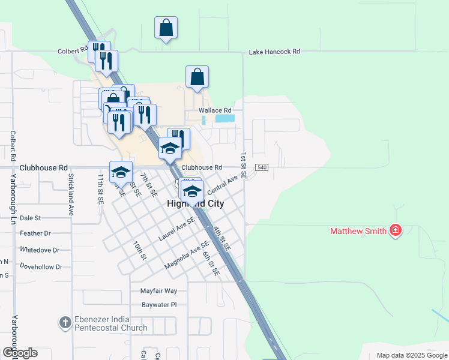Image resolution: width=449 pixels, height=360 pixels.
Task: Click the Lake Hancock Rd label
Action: click(x=274, y=52)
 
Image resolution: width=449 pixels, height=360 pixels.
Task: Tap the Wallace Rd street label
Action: click(x=214, y=110)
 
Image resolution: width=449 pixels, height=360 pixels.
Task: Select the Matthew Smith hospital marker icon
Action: click(x=395, y=230)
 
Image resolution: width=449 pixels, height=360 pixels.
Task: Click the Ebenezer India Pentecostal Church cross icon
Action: click(x=65, y=323)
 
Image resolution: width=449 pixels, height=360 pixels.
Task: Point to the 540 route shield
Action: click(x=261, y=167)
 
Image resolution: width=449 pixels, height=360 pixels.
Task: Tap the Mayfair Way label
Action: click(x=158, y=290)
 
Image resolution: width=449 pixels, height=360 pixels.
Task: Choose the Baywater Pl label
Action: click(x=158, y=305)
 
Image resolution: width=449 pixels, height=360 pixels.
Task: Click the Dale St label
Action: click(x=30, y=218)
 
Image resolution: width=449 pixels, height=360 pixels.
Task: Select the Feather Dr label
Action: click(x=35, y=233)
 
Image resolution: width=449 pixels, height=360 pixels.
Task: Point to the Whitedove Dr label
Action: click(x=40, y=250)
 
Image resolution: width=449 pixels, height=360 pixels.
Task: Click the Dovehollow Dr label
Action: click(x=41, y=266)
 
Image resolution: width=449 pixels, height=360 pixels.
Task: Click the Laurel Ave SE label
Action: click(x=176, y=229)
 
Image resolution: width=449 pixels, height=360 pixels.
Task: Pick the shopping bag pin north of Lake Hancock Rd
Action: click(x=166, y=28)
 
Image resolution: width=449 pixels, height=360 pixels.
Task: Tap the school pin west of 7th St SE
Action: click(x=121, y=173)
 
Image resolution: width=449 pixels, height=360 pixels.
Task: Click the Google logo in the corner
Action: click(x=20, y=353)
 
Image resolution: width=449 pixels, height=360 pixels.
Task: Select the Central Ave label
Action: click(x=222, y=185)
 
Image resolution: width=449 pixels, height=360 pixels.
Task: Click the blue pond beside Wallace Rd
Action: click(x=224, y=119)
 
